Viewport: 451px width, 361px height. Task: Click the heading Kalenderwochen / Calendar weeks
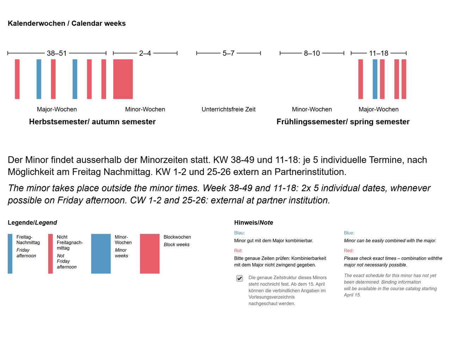tap(67, 23)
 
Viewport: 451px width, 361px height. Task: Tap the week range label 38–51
tap(57, 53)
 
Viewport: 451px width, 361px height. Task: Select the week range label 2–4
tap(145, 53)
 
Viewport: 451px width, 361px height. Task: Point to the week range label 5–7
tap(228, 53)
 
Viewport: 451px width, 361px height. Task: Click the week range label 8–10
tap(312, 53)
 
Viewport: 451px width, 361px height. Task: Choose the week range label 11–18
tap(378, 53)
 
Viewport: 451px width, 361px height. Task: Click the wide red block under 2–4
tap(123, 79)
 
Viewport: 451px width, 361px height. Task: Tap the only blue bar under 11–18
tap(375, 79)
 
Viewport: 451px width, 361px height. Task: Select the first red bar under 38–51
tap(17, 79)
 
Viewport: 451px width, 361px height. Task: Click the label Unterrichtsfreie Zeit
tap(228, 109)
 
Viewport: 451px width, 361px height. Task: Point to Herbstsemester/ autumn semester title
tap(92, 122)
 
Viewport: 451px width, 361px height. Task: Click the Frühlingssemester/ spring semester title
tap(343, 122)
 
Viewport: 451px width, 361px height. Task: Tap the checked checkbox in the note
tap(240, 278)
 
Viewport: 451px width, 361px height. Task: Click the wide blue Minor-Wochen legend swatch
tap(101, 253)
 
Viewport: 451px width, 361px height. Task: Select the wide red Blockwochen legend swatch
tap(150, 253)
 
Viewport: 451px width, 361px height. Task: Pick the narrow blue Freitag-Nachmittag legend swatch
tap(10, 253)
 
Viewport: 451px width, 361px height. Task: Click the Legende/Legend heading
tap(32, 223)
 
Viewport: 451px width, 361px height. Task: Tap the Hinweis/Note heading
tap(254, 223)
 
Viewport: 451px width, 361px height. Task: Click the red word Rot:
tap(239, 251)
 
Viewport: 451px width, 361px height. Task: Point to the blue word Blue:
tap(349, 233)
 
